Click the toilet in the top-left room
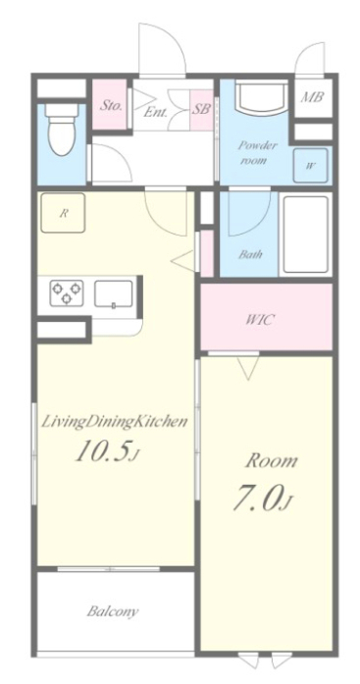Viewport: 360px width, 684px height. [x=62, y=132]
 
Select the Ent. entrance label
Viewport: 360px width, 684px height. [x=155, y=111]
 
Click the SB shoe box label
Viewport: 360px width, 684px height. [x=201, y=109]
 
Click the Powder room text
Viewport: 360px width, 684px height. [x=258, y=151]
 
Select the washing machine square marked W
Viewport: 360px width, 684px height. [x=310, y=165]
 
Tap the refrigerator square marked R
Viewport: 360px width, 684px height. [x=63, y=212]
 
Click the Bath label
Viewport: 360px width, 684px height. [x=251, y=255]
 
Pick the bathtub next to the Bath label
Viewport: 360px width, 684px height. [x=305, y=236]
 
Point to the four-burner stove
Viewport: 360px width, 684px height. [x=68, y=291]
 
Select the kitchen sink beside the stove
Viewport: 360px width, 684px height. [x=114, y=293]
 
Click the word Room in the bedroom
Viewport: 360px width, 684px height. [x=270, y=461]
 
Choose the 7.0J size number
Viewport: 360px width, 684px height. [x=261, y=499]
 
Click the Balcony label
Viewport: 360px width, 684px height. [x=113, y=611]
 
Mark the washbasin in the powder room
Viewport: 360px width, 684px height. [x=260, y=101]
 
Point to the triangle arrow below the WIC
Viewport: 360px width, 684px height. [x=248, y=368]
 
